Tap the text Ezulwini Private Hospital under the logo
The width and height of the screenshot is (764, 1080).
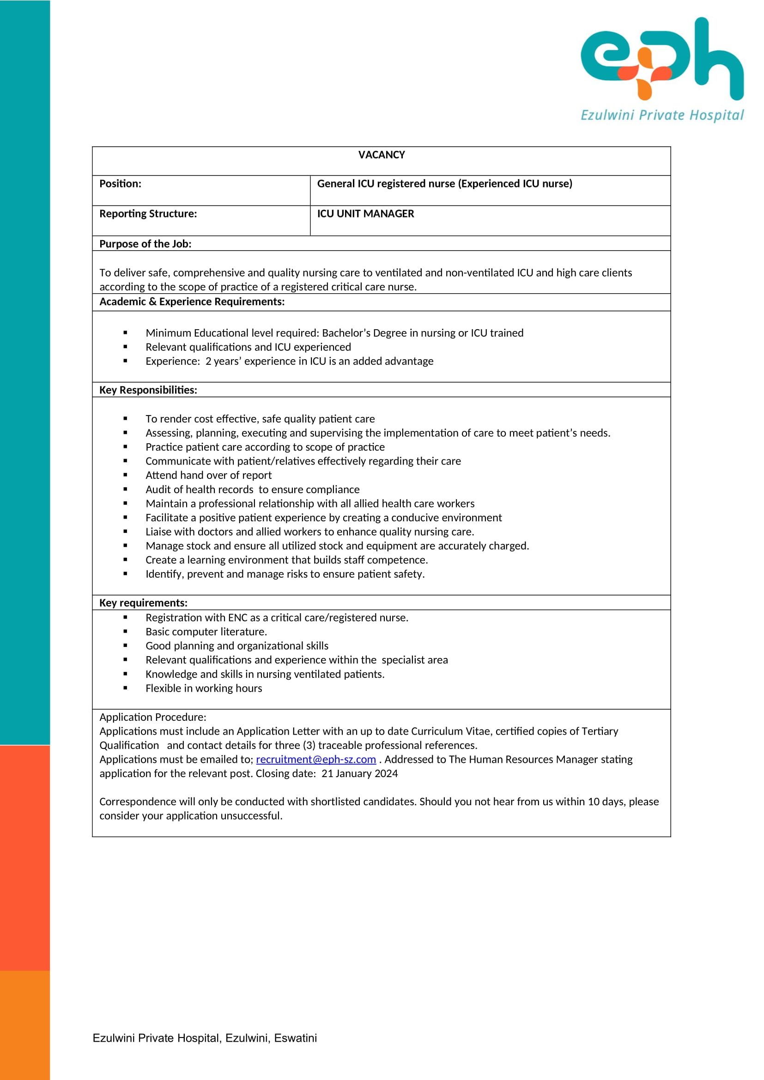pos(662,115)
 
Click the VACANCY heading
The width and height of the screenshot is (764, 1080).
pos(381,155)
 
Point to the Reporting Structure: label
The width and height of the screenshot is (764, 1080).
pos(148,214)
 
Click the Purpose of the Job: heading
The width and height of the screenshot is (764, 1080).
pos(145,244)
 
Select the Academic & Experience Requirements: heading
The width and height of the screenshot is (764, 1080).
pos(192,302)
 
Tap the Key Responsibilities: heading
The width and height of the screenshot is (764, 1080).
pos(148,390)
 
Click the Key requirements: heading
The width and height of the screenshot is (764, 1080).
pos(143,603)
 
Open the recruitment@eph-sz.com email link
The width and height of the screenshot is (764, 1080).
pos(315,759)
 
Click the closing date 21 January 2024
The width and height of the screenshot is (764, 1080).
pos(359,773)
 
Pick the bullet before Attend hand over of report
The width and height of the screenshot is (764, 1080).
pos(125,475)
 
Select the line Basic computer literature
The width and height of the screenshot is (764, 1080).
pos(206,631)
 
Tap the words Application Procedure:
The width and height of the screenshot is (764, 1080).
pos(152,717)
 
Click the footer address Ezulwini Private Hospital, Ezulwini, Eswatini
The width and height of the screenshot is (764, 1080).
pos(205,1038)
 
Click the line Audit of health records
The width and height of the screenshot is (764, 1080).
pos(252,489)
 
